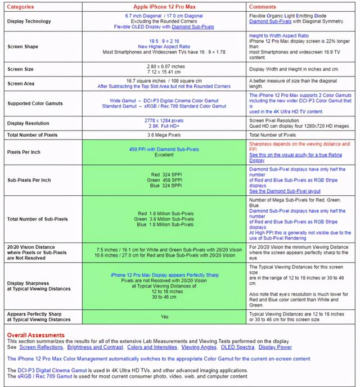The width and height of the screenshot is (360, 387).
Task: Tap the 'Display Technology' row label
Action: (x=29, y=21)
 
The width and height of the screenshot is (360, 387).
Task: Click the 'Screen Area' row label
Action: (x=22, y=83)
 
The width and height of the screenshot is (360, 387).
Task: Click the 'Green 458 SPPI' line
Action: (x=164, y=180)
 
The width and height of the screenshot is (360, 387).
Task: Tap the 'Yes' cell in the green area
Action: (x=164, y=317)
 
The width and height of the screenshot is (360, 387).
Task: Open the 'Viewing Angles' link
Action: (x=199, y=347)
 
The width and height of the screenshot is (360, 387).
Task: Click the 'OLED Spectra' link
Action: (x=237, y=347)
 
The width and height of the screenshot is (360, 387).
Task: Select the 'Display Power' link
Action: (x=276, y=347)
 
